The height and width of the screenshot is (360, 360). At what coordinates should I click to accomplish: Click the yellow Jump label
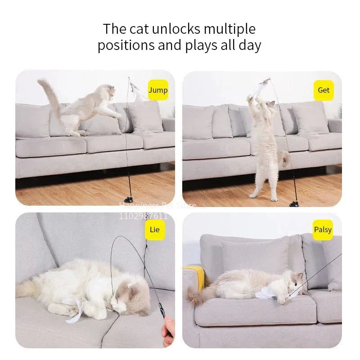click(158, 90)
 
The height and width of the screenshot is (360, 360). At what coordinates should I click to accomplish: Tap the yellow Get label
click(324, 90)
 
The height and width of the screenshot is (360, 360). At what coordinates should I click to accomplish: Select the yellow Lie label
click(154, 230)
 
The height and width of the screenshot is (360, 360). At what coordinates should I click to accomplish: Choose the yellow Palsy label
click(323, 230)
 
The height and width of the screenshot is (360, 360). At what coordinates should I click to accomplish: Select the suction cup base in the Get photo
click(294, 204)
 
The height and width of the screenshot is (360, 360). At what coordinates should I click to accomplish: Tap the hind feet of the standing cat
click(263, 196)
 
